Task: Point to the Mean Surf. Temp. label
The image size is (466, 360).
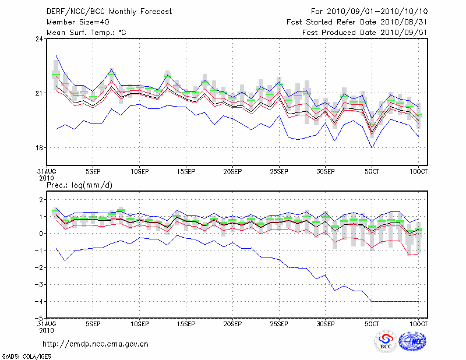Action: coord(86,32)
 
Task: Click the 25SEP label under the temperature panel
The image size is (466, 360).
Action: coord(279,172)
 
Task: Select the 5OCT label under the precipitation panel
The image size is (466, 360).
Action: coord(372,323)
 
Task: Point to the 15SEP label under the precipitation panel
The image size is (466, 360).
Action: coord(186,323)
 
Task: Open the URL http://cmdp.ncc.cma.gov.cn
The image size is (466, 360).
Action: coord(96,344)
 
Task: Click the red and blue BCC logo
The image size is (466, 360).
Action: coord(386,342)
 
